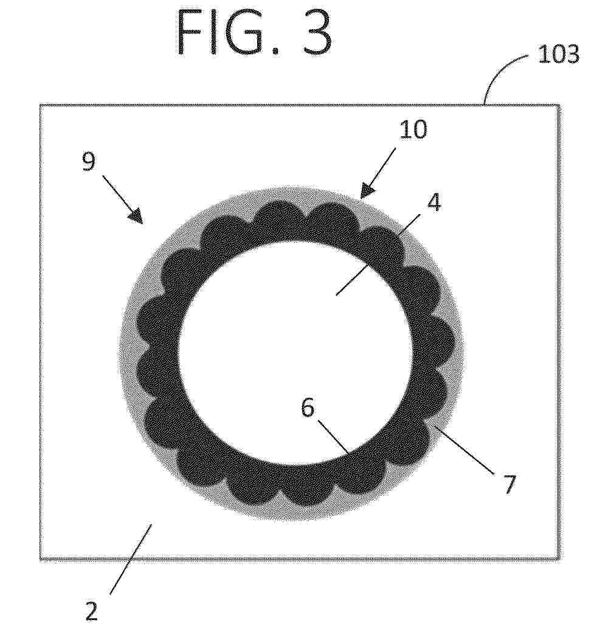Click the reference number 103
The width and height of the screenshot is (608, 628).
click(x=558, y=54)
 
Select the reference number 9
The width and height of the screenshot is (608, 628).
click(x=89, y=161)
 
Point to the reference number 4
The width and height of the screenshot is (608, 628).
click(x=434, y=202)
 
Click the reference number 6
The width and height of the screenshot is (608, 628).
click(x=308, y=408)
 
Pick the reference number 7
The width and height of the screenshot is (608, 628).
click(x=508, y=484)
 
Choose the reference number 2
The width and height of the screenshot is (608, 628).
click(x=91, y=611)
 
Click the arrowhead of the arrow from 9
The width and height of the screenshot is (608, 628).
click(x=136, y=216)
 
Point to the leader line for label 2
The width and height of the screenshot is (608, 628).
click(x=131, y=559)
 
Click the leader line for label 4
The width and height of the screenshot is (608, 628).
click(x=378, y=254)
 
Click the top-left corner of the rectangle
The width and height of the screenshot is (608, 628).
click(x=41, y=105)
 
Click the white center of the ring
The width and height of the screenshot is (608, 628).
click(x=295, y=353)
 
